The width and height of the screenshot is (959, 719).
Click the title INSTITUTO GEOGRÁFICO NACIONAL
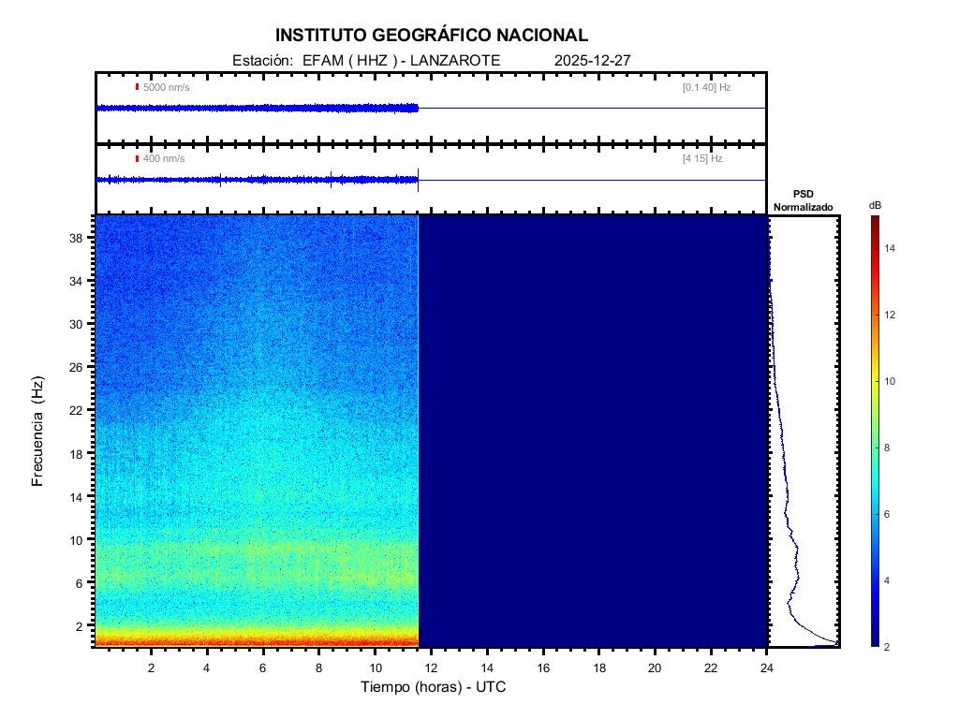pos(432,36)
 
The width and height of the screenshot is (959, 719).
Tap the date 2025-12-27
pos(594,61)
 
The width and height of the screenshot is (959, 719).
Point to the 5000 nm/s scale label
pos(166,87)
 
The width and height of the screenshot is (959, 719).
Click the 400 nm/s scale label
pos(164,159)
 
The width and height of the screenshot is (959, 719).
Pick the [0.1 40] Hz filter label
pos(707,87)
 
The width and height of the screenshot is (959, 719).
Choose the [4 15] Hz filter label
pos(702,159)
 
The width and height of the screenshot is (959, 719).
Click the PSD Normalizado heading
pos(803,200)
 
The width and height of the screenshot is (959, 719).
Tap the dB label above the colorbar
pos(875,205)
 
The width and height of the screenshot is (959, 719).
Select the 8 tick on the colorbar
pos(890,448)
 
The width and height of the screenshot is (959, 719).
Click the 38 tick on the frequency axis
pos(81,239)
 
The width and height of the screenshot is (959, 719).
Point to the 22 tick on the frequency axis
pos(81,410)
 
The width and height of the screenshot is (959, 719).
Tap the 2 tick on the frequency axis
pos(83,625)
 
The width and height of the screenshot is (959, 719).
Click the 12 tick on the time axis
pos(431,668)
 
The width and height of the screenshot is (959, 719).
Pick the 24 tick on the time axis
pos(767,668)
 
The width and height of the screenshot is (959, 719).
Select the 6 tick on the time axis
pos(263,668)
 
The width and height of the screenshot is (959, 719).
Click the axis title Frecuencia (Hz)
pos(38,431)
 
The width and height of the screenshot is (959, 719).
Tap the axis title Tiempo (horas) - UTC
pos(434,687)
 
